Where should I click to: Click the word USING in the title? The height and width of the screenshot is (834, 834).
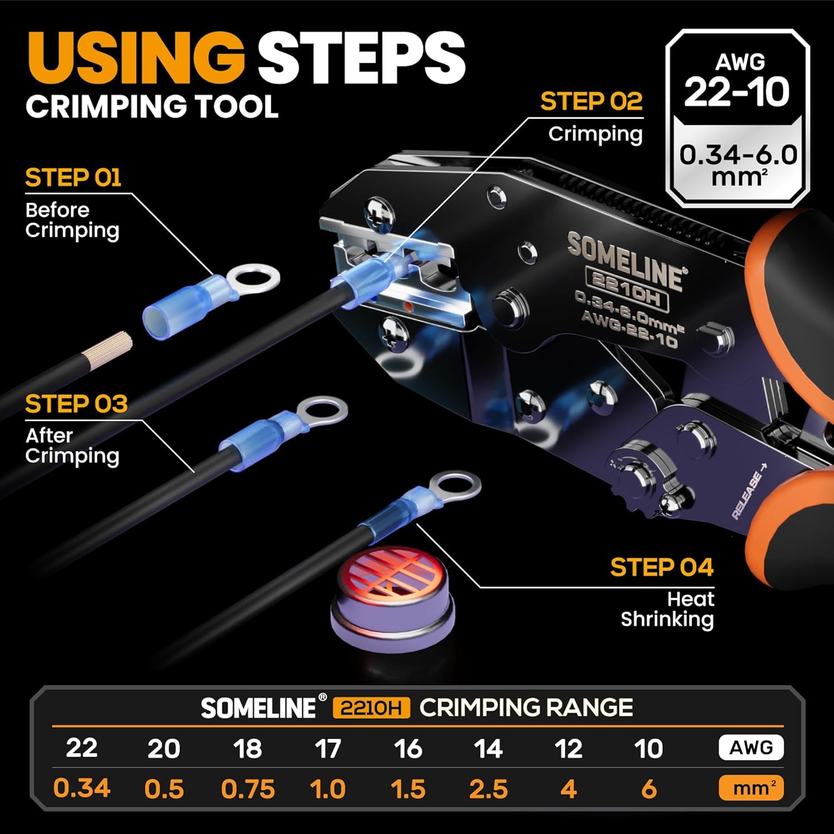(x=136, y=58)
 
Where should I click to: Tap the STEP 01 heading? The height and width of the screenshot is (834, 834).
(x=73, y=178)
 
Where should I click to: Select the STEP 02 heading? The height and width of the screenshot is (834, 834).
(x=591, y=102)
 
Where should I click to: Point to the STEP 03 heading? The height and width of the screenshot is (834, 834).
(x=76, y=404)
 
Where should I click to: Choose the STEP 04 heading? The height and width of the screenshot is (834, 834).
(x=662, y=568)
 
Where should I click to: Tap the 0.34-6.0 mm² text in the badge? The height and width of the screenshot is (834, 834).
(x=738, y=165)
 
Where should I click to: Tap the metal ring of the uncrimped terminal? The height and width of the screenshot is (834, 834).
(x=254, y=279)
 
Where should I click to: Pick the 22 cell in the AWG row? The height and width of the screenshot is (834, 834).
(x=82, y=748)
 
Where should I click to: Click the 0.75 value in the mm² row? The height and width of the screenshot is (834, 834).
(x=248, y=790)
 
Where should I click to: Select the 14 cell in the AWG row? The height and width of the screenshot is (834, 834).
(x=488, y=748)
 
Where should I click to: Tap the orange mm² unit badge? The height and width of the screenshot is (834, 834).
(x=751, y=788)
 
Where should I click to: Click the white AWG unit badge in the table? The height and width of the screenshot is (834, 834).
(x=751, y=748)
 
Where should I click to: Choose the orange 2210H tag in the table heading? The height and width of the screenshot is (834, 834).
(x=371, y=708)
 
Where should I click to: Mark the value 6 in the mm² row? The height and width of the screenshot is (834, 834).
(x=648, y=790)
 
